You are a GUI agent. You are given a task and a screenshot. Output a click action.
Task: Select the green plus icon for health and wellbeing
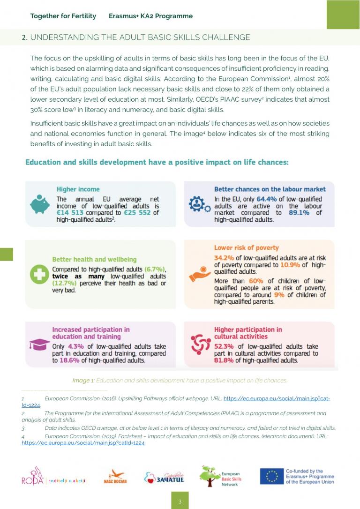coord(39,275)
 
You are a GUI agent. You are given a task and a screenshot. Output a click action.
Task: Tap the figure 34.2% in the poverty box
coord(224,258)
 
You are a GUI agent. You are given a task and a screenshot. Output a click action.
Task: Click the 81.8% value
coord(224,360)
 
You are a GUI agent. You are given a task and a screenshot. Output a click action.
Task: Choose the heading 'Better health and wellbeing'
coord(94,259)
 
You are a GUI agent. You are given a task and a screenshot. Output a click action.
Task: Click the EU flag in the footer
coord(272,476)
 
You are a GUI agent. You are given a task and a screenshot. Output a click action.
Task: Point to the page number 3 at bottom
coord(180,501)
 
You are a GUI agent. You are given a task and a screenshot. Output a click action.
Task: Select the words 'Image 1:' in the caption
coord(83,381)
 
